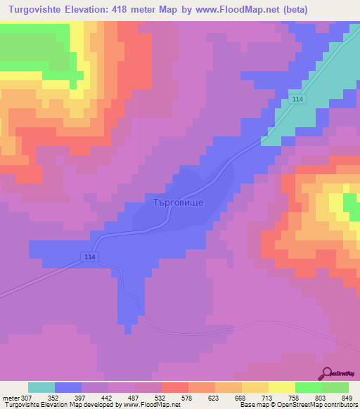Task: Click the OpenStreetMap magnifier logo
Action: coord(328,373)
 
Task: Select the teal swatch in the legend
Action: coord(41,387)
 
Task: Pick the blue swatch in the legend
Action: coord(68,387)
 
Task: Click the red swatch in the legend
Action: coord(175,387)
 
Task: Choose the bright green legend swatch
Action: coord(308,387)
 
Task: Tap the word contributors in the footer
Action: coord(339,405)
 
